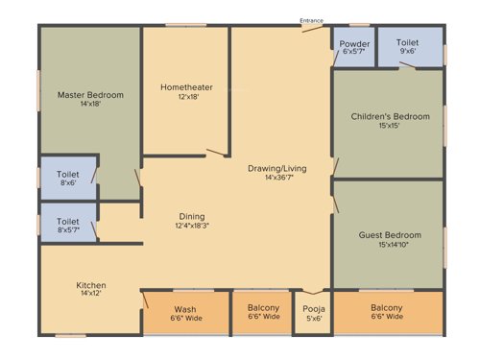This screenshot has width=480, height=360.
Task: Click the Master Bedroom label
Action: click(x=91, y=94)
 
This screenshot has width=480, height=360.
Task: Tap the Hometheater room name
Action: click(x=186, y=87)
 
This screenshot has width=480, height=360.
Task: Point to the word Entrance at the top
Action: click(x=310, y=20)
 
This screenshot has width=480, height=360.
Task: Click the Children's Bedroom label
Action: click(x=388, y=117)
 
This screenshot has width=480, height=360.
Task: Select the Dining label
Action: click(x=192, y=216)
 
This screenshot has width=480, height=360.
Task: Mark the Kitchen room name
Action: click(x=91, y=285)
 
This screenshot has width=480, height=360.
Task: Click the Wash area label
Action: click(x=185, y=309)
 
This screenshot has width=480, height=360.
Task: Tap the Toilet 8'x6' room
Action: click(x=67, y=175)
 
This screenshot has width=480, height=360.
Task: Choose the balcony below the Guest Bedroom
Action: click(x=388, y=313)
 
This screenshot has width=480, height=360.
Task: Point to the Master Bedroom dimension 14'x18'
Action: click(x=91, y=104)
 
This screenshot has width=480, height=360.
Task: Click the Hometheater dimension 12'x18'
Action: click(x=186, y=97)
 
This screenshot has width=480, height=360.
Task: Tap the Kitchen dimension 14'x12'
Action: click(x=91, y=295)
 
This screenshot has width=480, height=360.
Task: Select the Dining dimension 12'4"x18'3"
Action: click(x=192, y=226)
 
